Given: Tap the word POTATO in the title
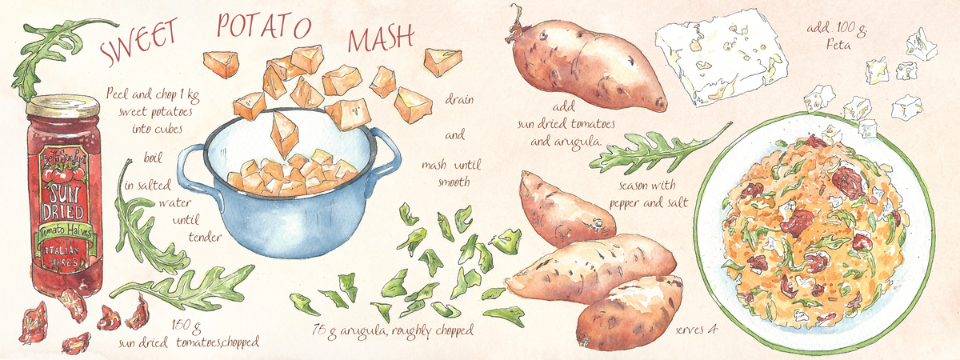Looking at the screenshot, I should [263, 27].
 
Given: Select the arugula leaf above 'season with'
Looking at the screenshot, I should [656, 150].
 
